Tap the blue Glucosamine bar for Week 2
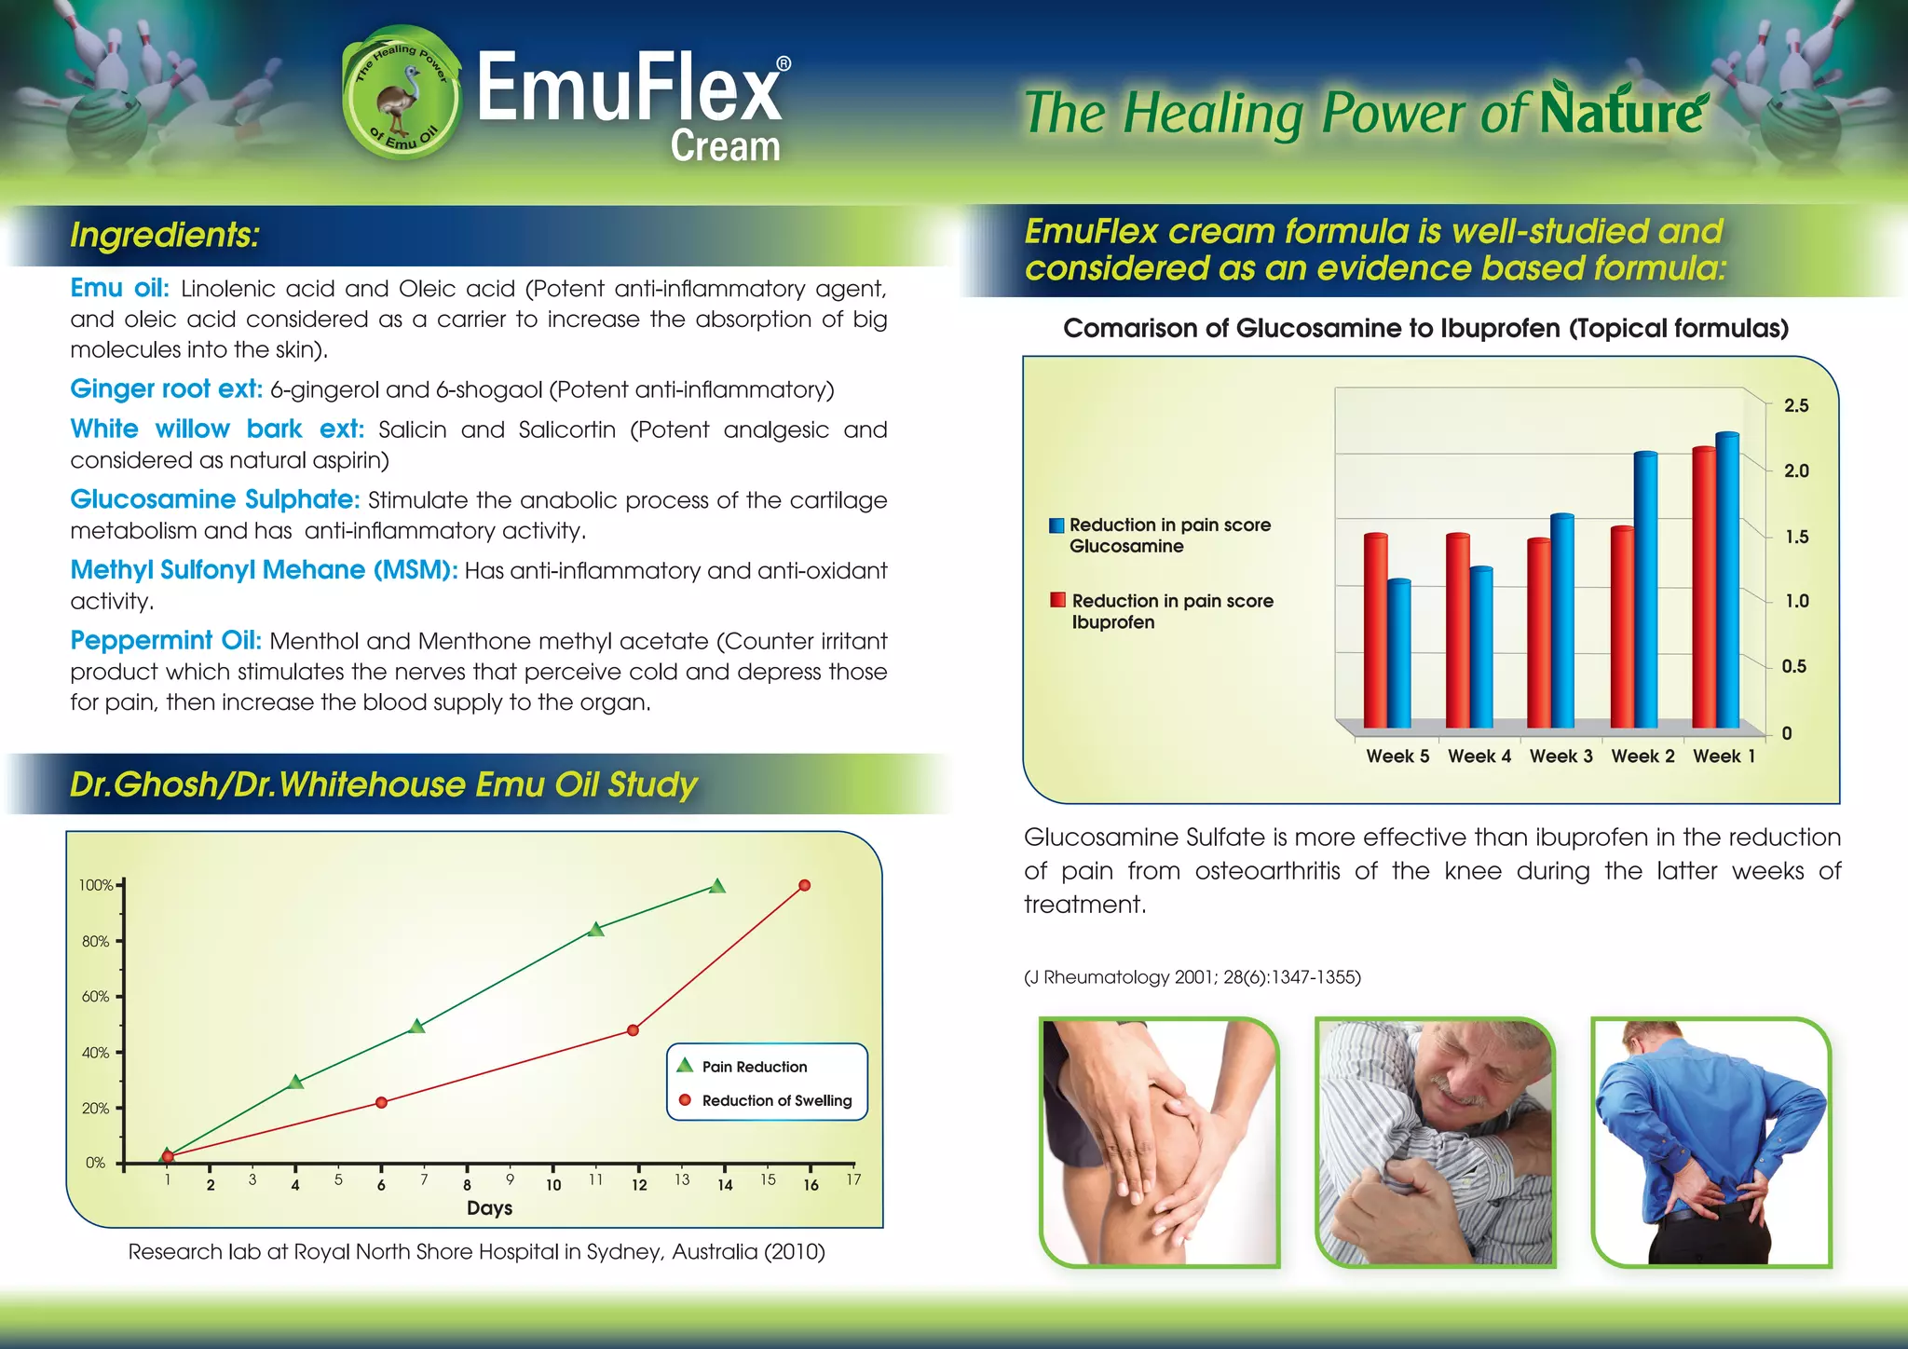[1646, 589]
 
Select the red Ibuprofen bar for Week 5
[1375, 631]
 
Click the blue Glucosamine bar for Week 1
[1727, 579]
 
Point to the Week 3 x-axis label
[1560, 756]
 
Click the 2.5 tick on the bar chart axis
[1795, 405]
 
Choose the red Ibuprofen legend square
[1057, 600]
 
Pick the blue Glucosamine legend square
[1056, 525]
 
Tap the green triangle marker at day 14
[716, 886]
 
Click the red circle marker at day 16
[805, 885]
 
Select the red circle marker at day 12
[634, 1029]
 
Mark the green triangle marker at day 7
[417, 1027]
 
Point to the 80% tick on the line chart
[96, 941]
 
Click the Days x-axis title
[489, 1208]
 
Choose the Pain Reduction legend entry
[754, 1067]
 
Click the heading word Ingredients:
[164, 235]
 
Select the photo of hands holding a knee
[1159, 1142]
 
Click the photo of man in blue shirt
[1711, 1142]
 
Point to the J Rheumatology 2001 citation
[1192, 977]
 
